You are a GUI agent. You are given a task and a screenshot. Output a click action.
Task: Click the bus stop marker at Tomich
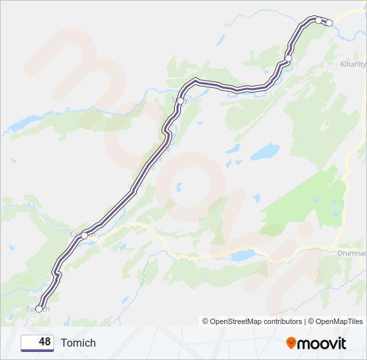click(39, 309)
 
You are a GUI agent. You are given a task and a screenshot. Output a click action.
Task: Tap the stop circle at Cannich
click(84, 235)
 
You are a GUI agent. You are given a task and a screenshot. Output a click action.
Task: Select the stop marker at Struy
click(180, 101)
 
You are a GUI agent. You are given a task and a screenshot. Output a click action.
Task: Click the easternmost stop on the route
click(329, 23)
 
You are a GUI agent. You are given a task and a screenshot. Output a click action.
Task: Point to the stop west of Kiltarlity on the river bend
click(288, 59)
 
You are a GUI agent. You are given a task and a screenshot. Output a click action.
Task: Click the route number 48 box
click(37, 343)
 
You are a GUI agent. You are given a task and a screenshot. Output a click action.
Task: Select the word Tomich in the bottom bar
click(78, 343)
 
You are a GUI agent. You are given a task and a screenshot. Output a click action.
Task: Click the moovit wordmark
click(322, 343)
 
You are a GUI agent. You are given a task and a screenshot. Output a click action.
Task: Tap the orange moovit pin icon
click(291, 343)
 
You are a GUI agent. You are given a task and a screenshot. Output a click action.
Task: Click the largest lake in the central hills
click(266, 153)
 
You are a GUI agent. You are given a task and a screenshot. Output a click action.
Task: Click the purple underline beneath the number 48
click(37, 350)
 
